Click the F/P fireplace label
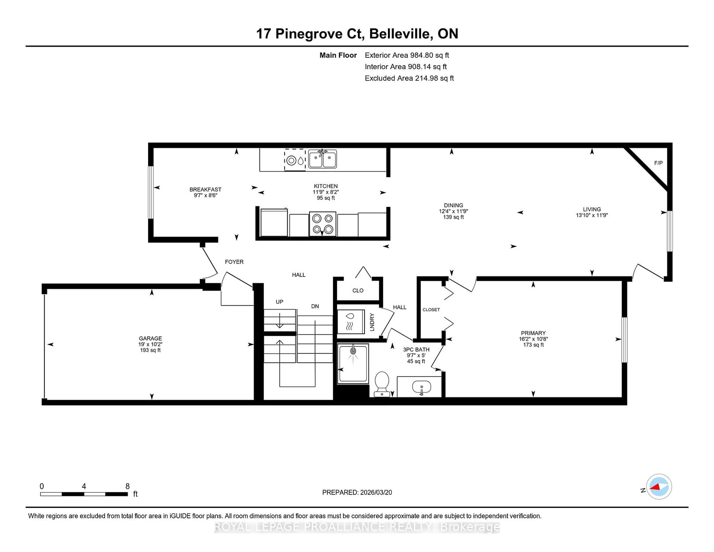point(658,163)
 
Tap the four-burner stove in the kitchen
point(322,224)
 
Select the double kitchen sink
point(322,159)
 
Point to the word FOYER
point(234,262)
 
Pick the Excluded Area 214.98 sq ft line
point(409,78)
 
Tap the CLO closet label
point(358,290)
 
